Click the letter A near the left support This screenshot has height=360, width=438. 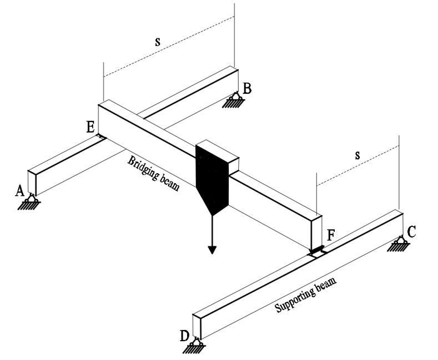coord(19,191)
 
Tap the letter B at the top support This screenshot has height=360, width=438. coord(247,88)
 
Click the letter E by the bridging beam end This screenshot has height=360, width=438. coord(90,126)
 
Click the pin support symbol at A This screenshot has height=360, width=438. coord(33,202)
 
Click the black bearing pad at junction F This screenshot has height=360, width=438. coord(318,252)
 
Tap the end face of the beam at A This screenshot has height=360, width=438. coord(32,183)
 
